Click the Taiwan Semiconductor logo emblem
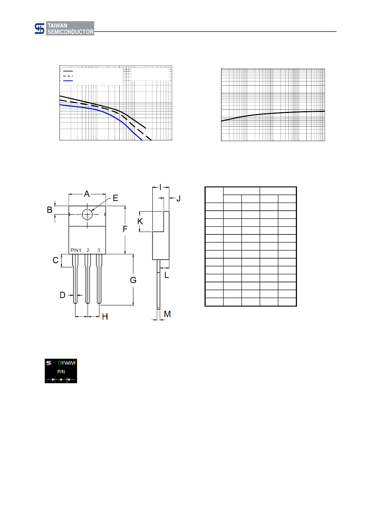tap(39, 29)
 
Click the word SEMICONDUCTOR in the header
tap(70, 32)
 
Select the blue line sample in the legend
tap(68, 81)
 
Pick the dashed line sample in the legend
tap(68, 76)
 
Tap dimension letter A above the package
tap(87, 194)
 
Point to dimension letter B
tap(49, 210)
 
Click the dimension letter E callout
tap(115, 198)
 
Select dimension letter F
tap(125, 229)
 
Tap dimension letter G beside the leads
tap(133, 280)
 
